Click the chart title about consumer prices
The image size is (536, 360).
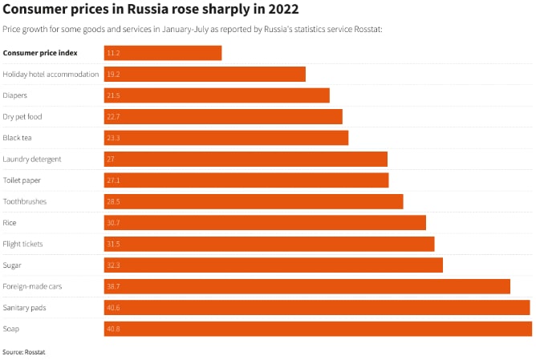151,10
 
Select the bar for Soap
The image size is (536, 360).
318,329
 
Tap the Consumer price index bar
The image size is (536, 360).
163,53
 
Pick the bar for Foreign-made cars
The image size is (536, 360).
307,286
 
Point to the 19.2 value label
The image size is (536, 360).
113,75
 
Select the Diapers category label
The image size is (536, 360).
15,95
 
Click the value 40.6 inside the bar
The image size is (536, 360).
113,308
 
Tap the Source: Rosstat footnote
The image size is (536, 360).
23,352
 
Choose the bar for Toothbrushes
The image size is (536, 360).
254,201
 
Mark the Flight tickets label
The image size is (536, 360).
23,244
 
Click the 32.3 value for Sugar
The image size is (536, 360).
113,265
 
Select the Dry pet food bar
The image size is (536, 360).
223,117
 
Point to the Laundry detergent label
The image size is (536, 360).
32,159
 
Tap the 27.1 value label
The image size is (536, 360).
113,180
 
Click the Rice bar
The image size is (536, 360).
265,223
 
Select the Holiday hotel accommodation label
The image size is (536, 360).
51,75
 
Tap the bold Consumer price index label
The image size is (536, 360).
41,53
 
